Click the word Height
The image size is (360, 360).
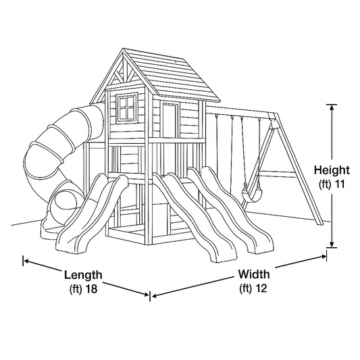(332, 170)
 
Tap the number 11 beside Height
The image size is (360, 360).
(338, 184)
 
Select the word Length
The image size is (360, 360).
(83, 275)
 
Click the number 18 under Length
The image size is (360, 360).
(91, 288)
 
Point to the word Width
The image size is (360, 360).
(253, 274)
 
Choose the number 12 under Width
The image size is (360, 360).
(261, 288)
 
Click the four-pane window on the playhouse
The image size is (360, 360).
(127, 107)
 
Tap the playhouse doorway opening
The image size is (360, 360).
(170, 120)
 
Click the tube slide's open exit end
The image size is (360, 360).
(63, 203)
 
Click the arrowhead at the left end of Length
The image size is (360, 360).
(27, 261)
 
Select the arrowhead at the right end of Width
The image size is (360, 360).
(323, 257)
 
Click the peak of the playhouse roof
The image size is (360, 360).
(123, 49)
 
